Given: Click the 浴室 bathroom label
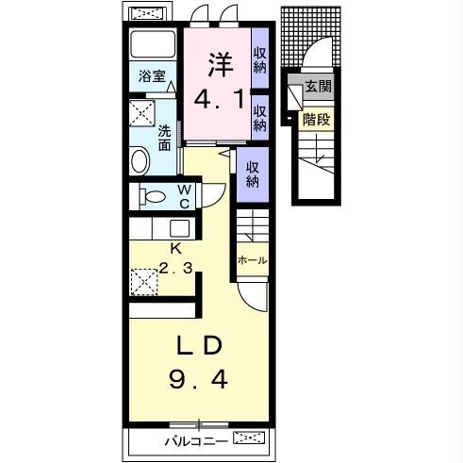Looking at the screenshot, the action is coord(152,76).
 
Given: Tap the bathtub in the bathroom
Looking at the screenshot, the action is coord(153,43).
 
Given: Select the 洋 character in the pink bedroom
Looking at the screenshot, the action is coord(221,65).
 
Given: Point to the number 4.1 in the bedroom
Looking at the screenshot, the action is coord(219,99).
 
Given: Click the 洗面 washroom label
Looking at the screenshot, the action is coord(164,138).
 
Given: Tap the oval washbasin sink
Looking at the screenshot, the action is coord(141,161).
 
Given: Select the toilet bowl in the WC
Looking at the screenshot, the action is coord(153,197).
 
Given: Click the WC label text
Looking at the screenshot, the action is coord(184,196).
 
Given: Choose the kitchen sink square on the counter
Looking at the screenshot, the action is coord(180,228).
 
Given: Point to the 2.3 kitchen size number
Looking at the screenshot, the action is coord(175,268).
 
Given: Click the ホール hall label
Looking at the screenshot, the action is coord(252,260).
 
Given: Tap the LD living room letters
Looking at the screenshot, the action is coord(199,345).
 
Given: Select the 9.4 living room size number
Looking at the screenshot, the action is coord(198,379).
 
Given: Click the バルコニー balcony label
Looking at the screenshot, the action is coord(196,441).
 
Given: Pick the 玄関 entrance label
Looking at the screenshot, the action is coord(319,86).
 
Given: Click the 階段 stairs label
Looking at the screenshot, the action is coord(316,120).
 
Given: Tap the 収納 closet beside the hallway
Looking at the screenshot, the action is coord(253,174).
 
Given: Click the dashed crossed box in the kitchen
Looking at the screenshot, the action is coord(144,282).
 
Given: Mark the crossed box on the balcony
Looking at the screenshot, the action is coord(249,438).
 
